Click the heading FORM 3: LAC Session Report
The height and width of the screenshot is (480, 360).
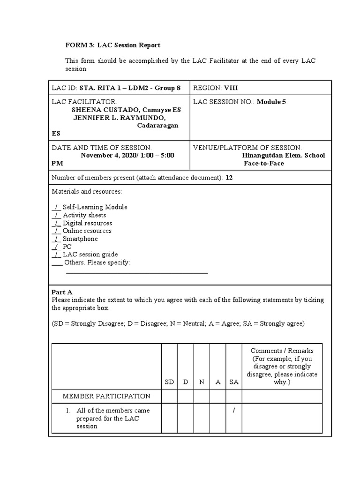(x=112, y=45)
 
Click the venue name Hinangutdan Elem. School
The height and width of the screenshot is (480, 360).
(x=283, y=155)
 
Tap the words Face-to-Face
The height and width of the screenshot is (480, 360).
(x=263, y=163)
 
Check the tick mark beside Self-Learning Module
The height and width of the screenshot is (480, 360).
(x=56, y=207)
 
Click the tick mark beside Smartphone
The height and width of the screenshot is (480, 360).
(x=56, y=239)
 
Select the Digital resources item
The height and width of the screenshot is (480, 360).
(x=87, y=223)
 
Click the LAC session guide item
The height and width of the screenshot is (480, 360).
(x=90, y=255)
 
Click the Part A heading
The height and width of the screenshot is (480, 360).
(x=62, y=292)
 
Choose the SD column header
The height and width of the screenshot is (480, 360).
(x=169, y=382)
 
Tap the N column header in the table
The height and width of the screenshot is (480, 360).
(x=202, y=382)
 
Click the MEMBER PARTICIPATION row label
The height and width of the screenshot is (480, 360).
(x=106, y=396)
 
